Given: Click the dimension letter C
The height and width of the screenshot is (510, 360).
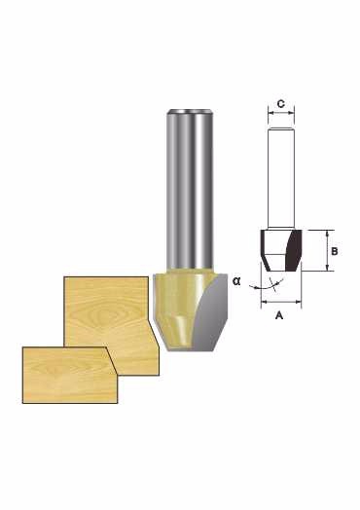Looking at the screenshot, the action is point(281,104).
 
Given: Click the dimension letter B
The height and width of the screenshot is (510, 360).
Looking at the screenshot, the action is point(335,251).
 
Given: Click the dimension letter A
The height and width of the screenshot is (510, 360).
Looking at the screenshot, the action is point(279,314).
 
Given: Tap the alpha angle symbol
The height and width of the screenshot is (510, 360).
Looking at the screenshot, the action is point(236,281).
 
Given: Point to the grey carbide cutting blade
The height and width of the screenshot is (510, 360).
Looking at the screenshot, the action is point(210,313).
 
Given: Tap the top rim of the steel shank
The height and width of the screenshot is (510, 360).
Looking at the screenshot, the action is point(190,111).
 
